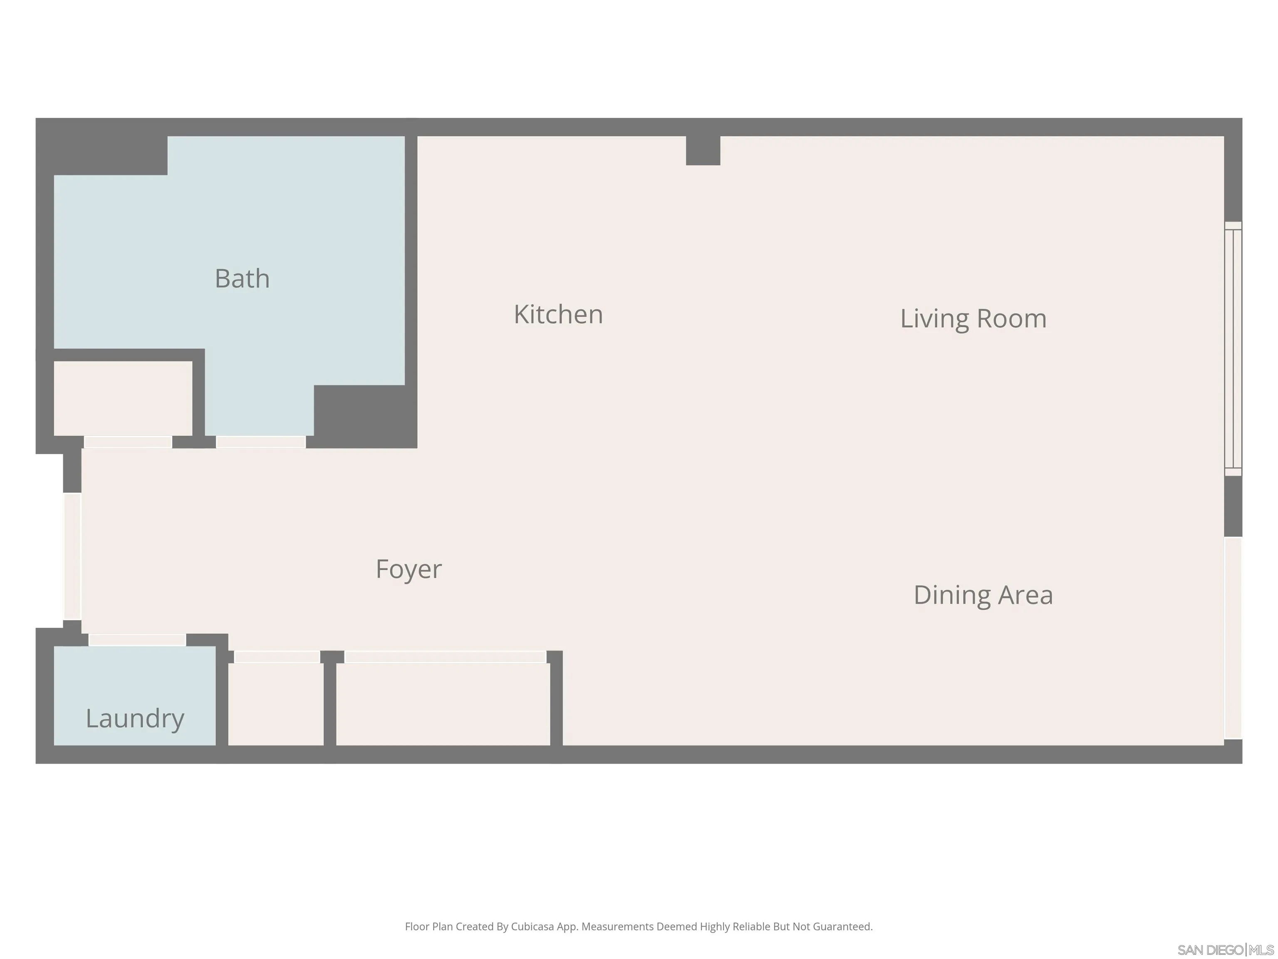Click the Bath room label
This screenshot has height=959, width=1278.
coord(242,278)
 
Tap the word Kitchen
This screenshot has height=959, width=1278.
coord(558,315)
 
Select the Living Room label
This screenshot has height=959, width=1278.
coord(973,318)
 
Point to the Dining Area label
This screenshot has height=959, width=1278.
coord(983,595)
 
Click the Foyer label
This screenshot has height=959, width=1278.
coord(409,569)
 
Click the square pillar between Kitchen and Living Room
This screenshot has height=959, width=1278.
coord(703,150)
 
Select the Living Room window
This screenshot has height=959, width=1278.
coord(1233,348)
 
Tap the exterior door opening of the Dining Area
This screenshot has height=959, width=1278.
coord(1233,638)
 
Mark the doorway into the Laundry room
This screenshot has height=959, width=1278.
coord(137,640)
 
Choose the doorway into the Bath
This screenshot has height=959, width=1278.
coord(260,442)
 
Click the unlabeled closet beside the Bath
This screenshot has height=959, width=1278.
coord(123,398)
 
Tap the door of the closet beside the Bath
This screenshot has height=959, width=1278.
coord(128,442)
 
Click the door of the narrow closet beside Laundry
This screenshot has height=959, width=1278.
coord(277,657)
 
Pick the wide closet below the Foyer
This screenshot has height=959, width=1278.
coord(443,704)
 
